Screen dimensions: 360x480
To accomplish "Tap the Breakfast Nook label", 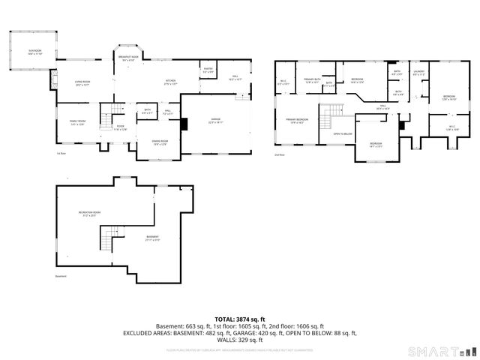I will tap(129, 58).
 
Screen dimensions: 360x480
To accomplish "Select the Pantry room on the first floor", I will tap(208, 70).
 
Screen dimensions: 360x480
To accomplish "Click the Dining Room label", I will tap(160, 142).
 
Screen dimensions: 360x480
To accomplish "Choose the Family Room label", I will tap(77, 122).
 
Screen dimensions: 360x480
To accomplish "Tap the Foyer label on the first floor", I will tap(120, 127).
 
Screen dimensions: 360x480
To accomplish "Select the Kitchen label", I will tap(171, 83).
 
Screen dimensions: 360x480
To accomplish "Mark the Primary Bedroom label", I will tap(296, 121).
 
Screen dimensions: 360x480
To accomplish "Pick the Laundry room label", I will tap(418, 73).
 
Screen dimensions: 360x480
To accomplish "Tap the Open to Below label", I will tap(343, 134).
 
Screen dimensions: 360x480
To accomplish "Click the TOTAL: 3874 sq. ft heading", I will tap(239, 319).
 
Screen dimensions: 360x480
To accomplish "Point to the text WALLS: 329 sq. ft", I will tap(240, 340).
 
